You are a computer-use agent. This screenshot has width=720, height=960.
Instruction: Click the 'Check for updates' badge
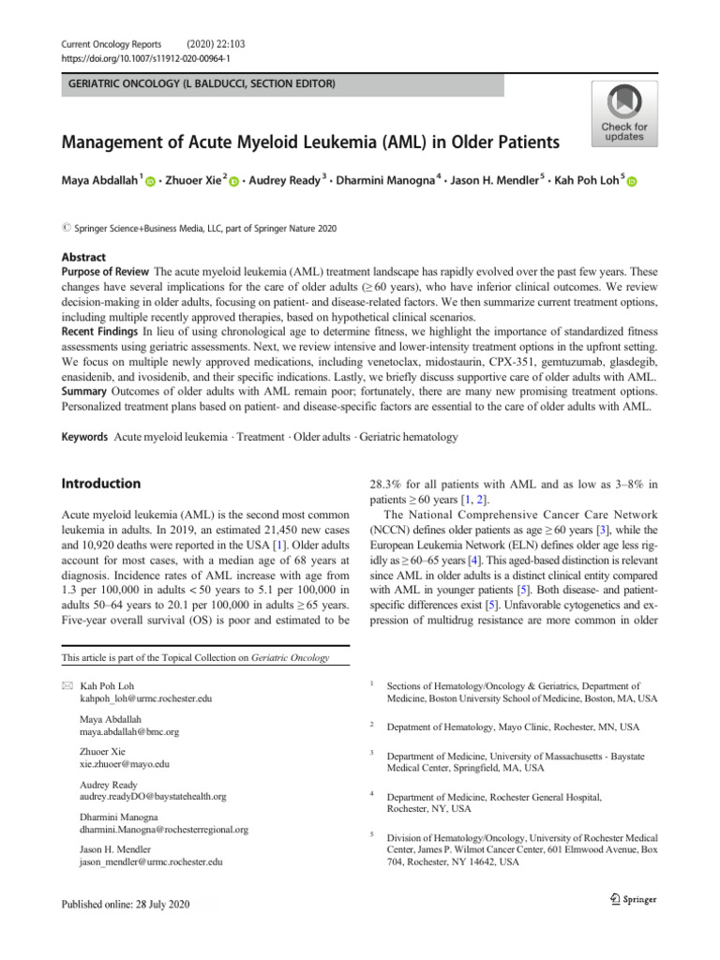pos(623,112)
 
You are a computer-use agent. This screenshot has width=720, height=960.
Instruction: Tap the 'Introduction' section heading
pos(101,484)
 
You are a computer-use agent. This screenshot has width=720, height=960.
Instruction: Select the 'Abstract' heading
pos(84,257)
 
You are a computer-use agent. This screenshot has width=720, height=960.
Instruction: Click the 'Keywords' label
pos(85,438)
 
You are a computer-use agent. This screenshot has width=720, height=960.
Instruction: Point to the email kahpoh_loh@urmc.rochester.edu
pos(146,699)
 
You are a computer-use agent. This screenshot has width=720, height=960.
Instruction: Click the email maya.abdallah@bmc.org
pos(130,731)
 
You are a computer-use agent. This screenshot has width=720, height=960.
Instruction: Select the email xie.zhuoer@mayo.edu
pos(126,764)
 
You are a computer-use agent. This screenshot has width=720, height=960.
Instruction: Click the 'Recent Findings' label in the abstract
pos(100,333)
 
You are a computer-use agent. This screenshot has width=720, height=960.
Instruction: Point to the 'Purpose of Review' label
pos(107,272)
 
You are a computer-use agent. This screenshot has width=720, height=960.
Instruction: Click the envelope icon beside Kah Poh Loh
pos(67,687)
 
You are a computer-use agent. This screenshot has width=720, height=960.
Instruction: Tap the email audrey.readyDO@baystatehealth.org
pos(154,796)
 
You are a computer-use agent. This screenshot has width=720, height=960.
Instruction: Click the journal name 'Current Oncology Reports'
pos(112,43)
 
